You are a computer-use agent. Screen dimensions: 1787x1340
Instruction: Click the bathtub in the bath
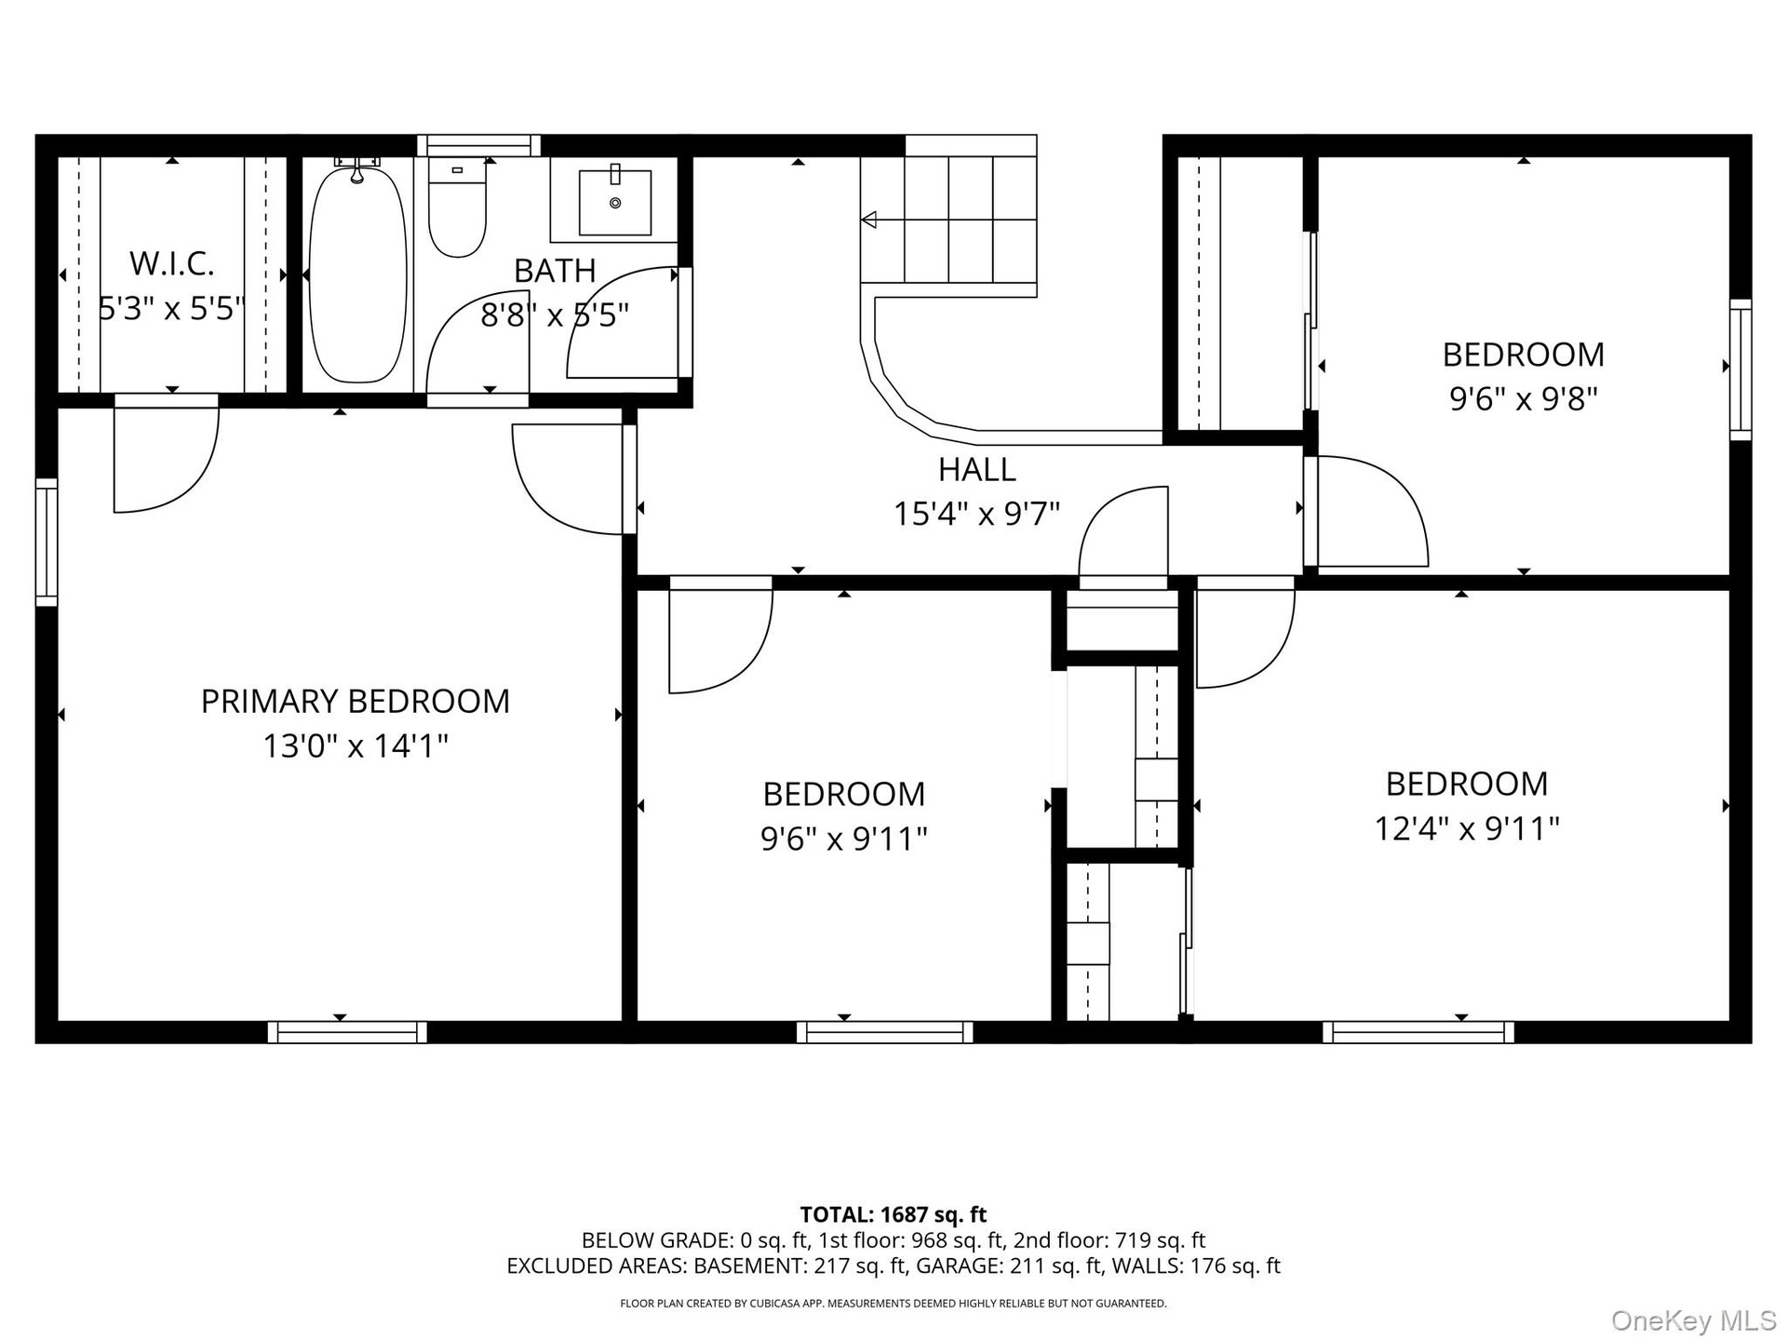[x=357, y=272]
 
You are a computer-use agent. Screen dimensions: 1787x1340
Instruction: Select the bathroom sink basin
[x=614, y=202]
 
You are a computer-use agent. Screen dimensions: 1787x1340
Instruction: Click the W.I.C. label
[x=172, y=263]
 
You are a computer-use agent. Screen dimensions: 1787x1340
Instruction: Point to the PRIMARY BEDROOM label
[x=356, y=701]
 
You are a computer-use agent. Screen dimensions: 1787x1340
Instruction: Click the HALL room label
[x=976, y=469]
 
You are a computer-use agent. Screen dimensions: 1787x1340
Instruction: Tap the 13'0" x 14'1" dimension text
[x=356, y=745]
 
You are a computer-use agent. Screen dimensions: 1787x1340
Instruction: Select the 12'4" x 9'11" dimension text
[x=1467, y=827]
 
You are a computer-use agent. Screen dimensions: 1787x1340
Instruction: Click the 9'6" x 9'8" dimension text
[x=1524, y=398]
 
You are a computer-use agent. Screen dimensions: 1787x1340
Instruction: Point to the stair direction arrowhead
[x=869, y=221]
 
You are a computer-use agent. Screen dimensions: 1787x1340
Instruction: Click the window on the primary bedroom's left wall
[x=47, y=543]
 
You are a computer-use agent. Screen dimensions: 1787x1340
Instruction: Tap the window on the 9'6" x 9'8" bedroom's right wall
[x=1740, y=369]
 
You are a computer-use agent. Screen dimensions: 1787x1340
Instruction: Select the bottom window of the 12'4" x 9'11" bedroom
[x=1418, y=1032]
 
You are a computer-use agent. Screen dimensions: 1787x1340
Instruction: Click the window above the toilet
[x=478, y=146]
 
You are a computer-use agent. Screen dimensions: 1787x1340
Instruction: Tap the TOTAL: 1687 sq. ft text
[x=893, y=1214]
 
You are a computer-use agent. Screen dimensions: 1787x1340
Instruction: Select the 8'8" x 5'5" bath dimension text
[x=555, y=315]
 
